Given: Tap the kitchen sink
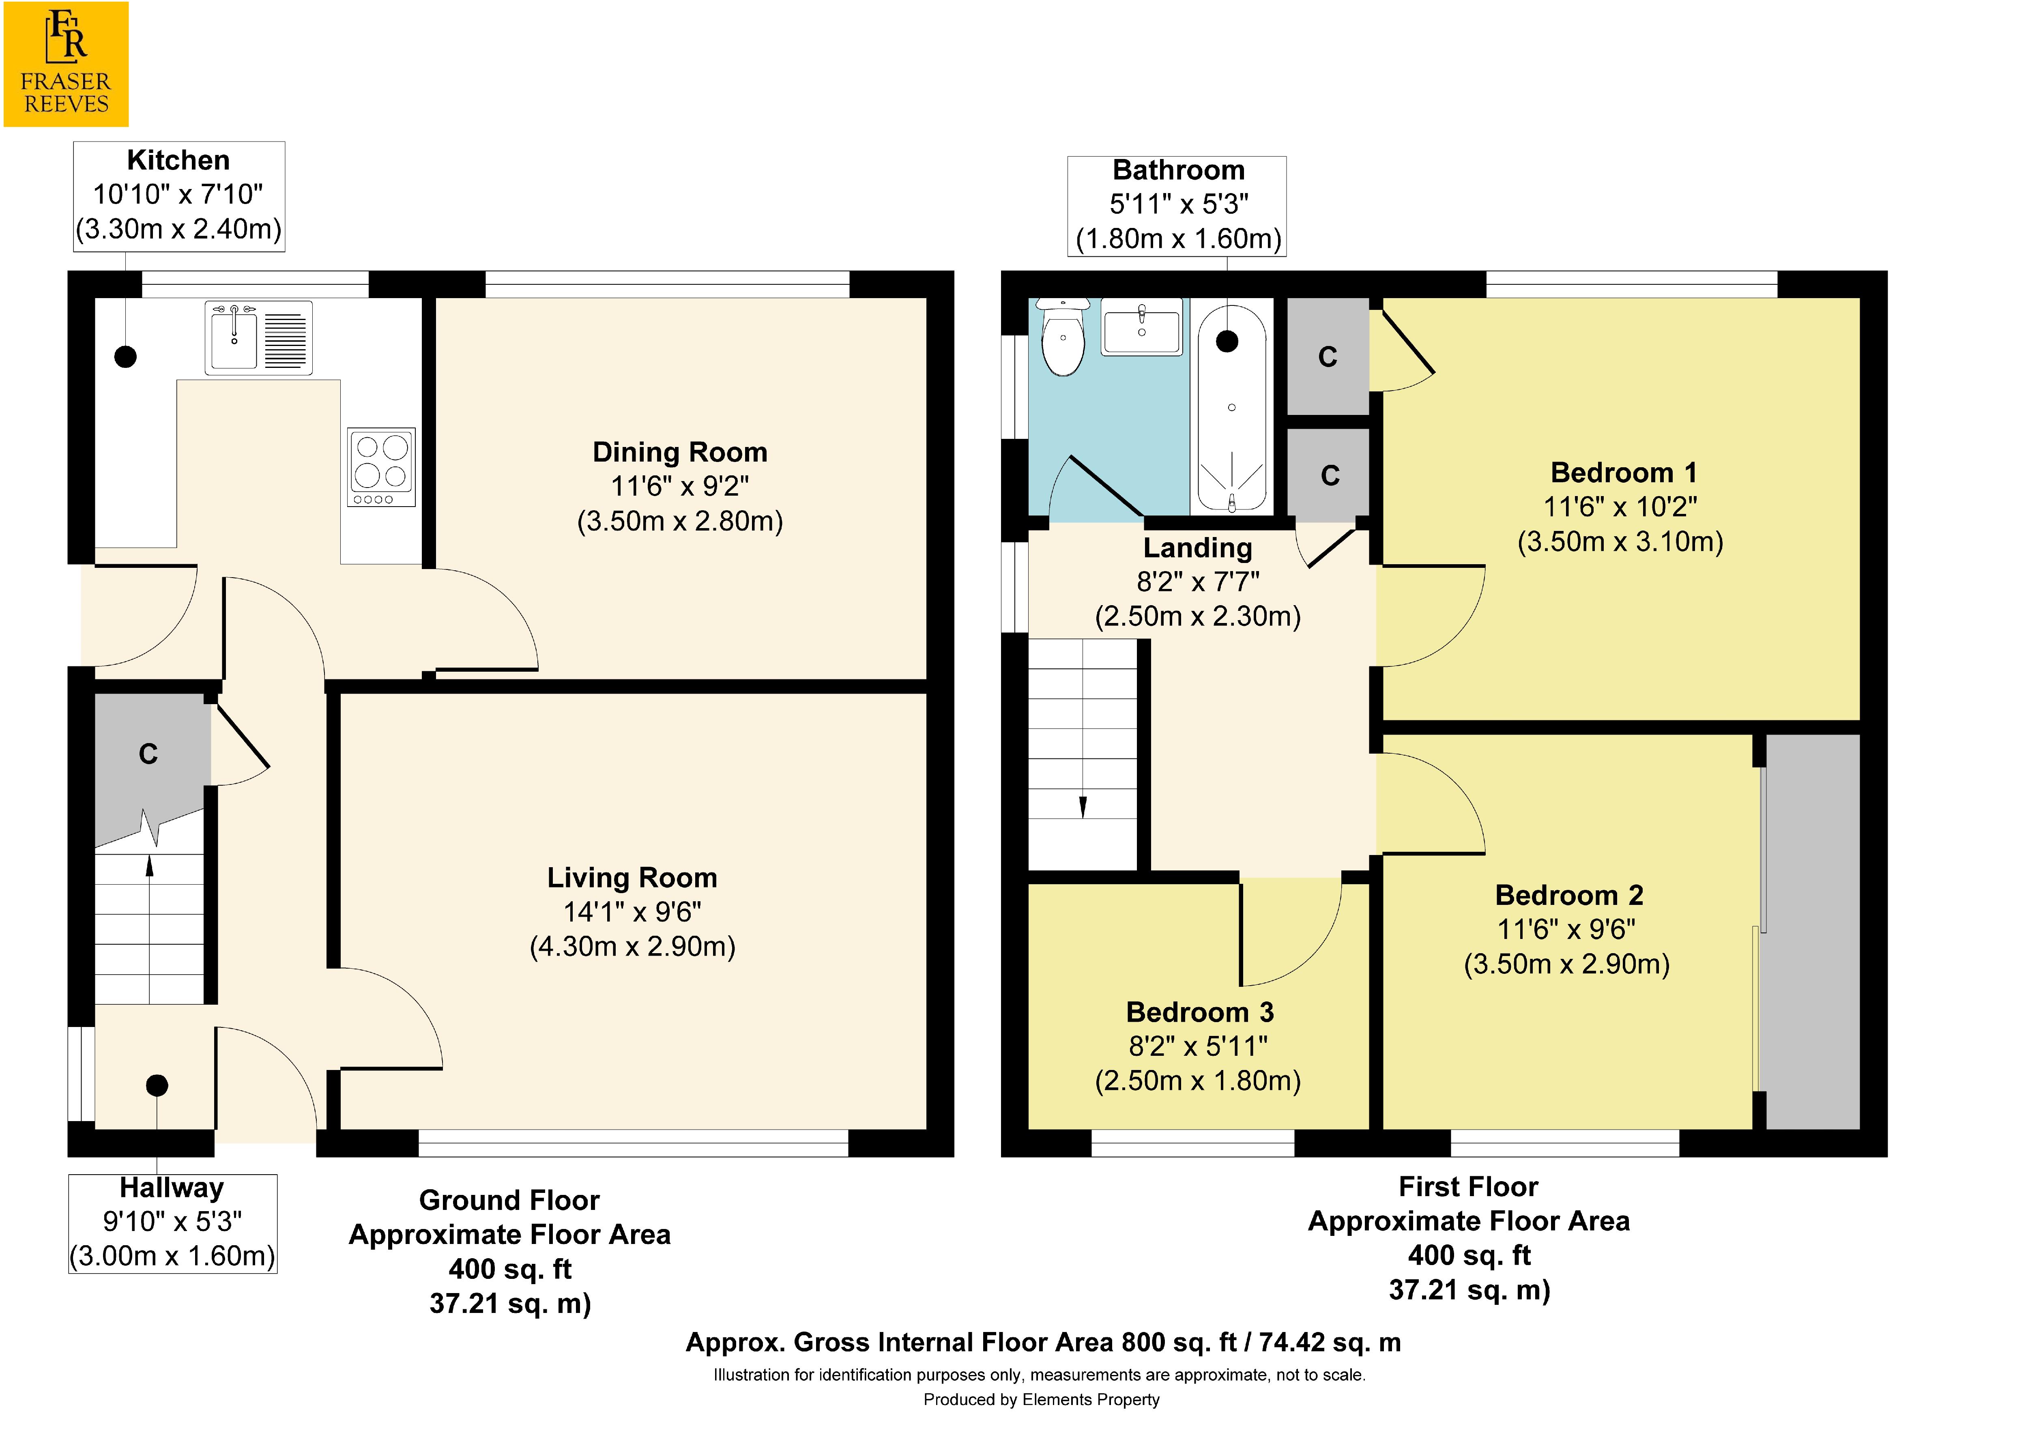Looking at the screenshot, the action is click(259, 337).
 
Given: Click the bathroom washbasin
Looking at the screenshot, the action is click(1141, 327).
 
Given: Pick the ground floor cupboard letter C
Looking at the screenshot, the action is click(148, 754).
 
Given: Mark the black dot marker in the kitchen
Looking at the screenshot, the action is click(125, 357).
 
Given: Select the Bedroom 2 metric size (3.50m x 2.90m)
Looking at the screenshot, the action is click(1567, 964).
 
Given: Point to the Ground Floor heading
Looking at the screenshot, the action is click(510, 1200).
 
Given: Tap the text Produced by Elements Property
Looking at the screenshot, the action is click(1042, 1399).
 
